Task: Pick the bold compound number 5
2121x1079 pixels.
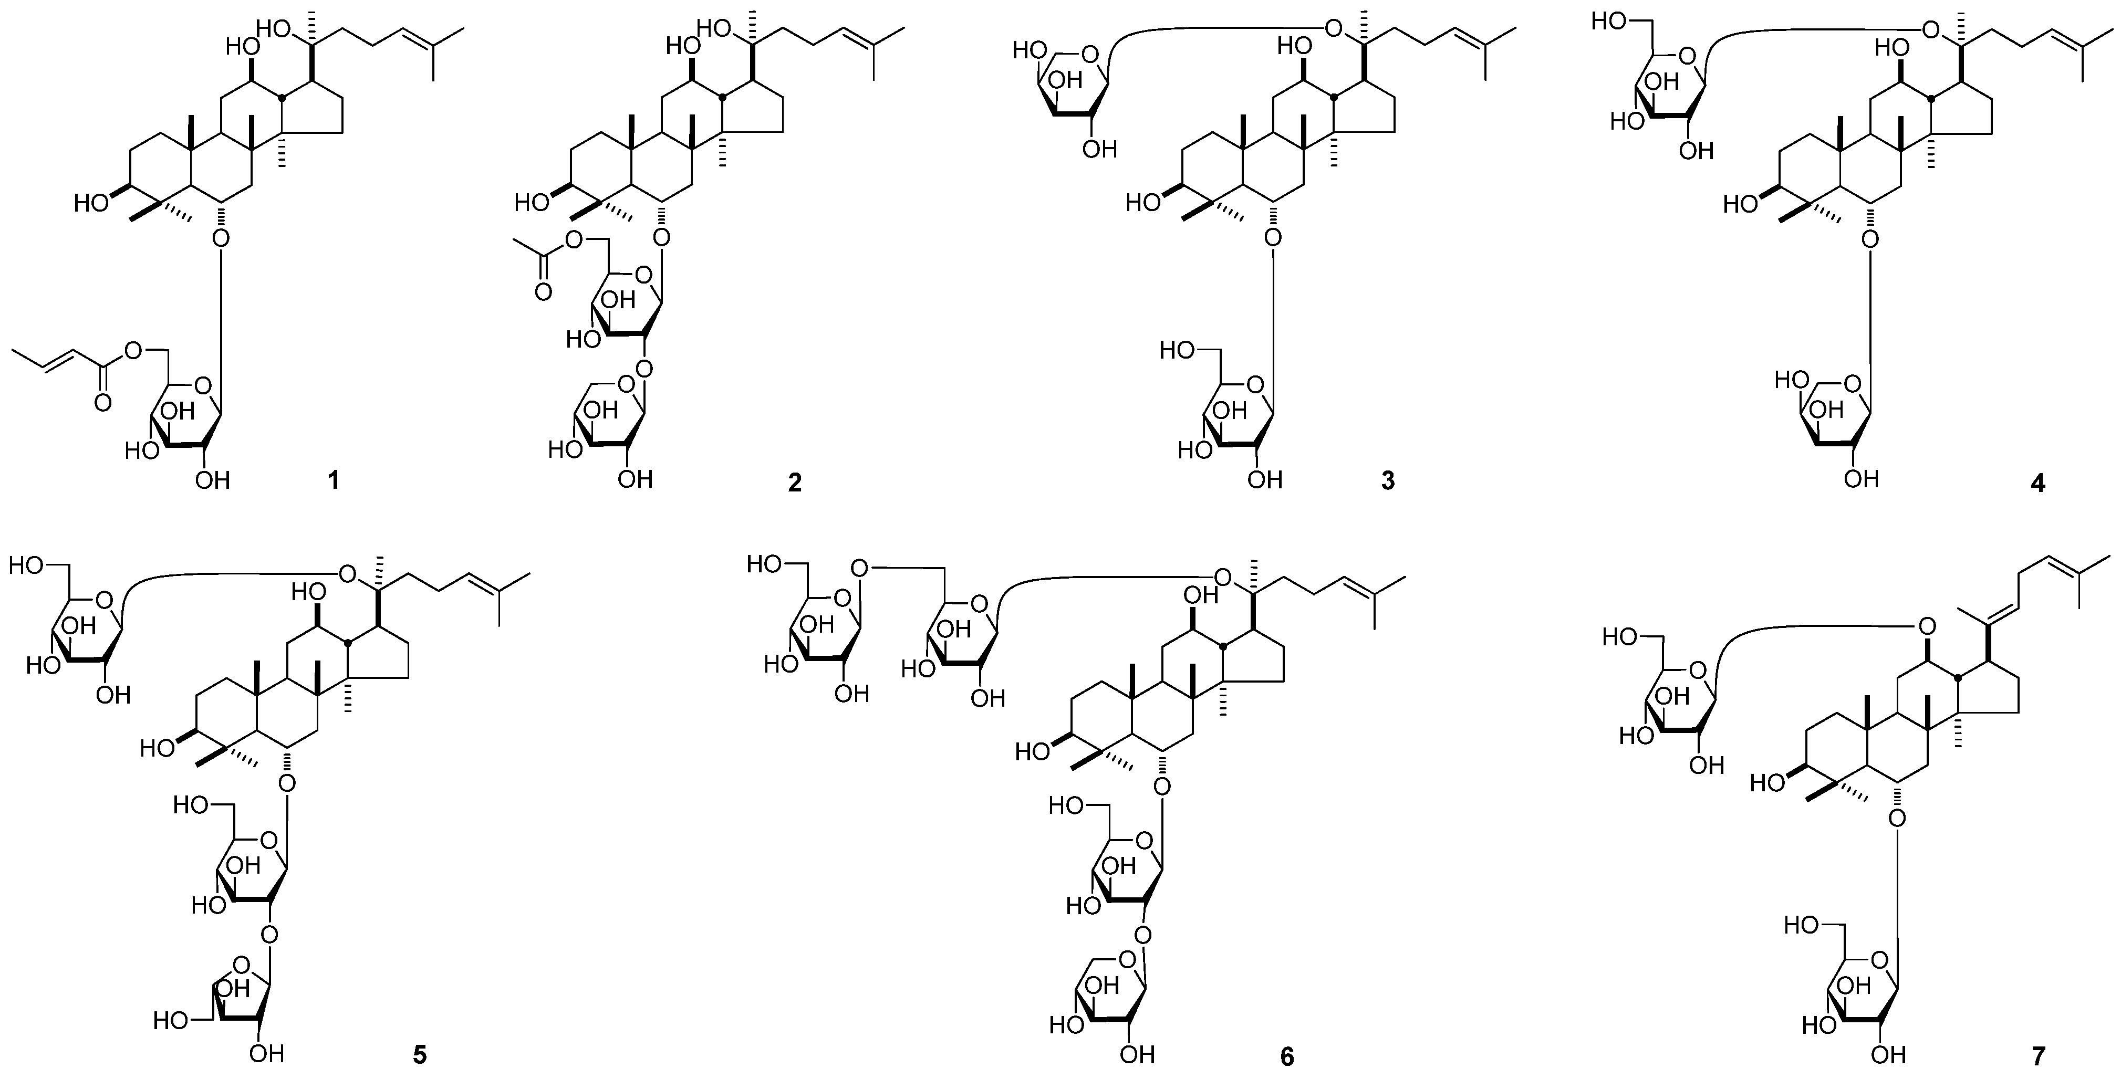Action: tap(419, 1055)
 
